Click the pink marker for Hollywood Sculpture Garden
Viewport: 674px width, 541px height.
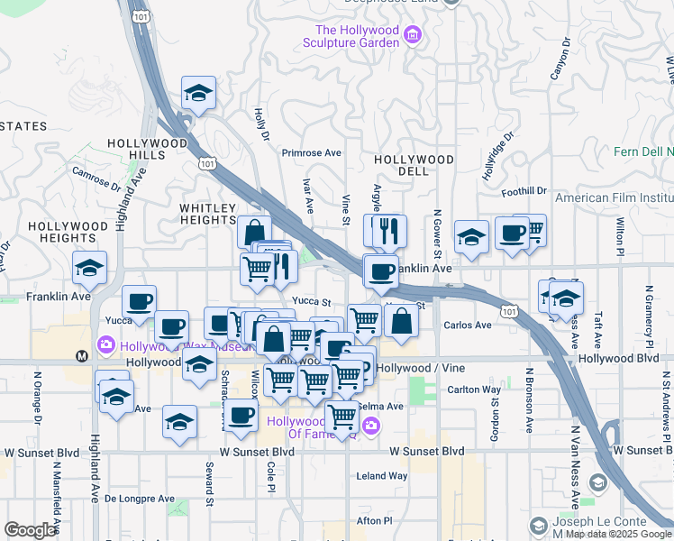(413, 36)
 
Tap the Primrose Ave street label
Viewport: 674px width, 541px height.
(311, 153)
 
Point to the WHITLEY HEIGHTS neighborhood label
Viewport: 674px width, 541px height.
(207, 214)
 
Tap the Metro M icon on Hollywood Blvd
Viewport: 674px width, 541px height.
(82, 355)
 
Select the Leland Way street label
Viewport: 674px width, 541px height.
(382, 475)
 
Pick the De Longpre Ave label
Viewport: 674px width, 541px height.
(140, 498)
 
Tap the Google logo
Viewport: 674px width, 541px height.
(30, 530)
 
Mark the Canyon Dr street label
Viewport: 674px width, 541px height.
(560, 55)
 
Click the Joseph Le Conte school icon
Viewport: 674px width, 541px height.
(538, 526)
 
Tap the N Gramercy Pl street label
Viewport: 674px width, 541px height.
(648, 315)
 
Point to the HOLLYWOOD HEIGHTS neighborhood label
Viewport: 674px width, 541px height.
(61, 232)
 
